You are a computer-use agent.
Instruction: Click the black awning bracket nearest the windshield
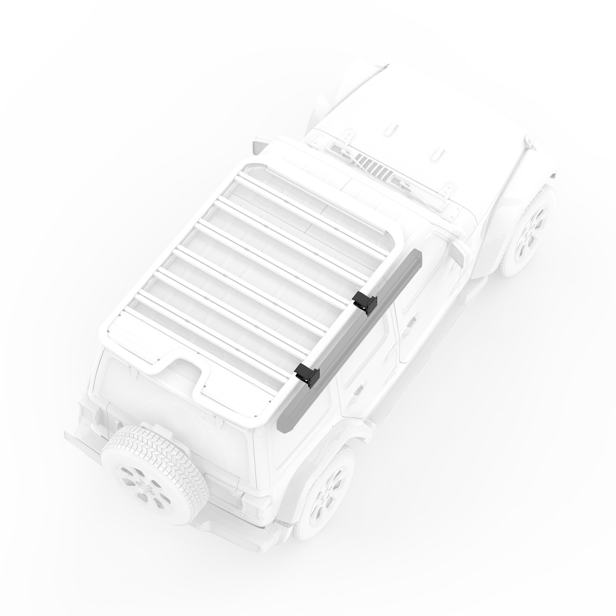[x=364, y=302]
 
